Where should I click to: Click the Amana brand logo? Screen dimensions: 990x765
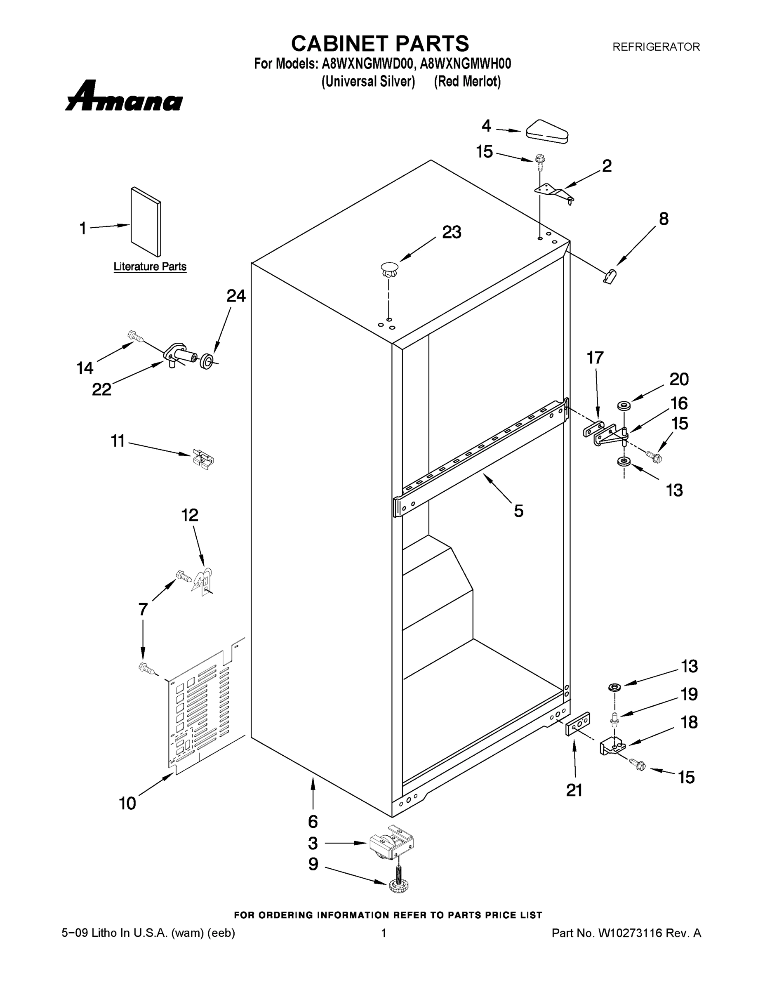[x=124, y=97]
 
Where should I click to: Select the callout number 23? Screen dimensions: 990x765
[x=452, y=232]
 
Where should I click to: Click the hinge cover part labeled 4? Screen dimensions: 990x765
[x=547, y=132]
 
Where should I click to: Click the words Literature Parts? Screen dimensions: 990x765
[x=150, y=266]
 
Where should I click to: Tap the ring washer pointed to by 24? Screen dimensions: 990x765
[x=207, y=362]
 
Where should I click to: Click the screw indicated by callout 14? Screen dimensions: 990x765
[x=135, y=336]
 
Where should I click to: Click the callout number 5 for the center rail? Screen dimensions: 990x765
[x=518, y=511]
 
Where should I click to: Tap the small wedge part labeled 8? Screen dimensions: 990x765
[x=610, y=276]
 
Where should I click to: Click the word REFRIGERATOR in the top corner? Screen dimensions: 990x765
[x=656, y=47]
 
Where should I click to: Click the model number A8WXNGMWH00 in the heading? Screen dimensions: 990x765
[x=466, y=64]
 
